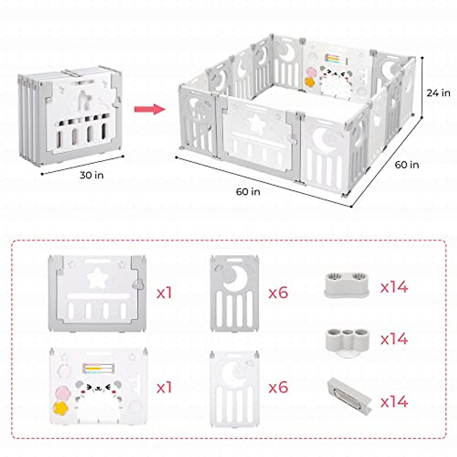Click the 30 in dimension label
pyautogui.click(x=91, y=175)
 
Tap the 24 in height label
pyautogui.click(x=438, y=93)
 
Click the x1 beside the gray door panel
pyautogui.click(x=164, y=293)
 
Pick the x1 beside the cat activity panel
pyautogui.click(x=164, y=388)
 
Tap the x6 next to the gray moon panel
pyautogui.click(x=278, y=293)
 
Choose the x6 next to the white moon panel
pyautogui.click(x=278, y=388)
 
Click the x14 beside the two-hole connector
pyautogui.click(x=394, y=287)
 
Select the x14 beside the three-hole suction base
pyautogui.click(x=394, y=339)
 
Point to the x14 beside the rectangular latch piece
pyautogui.click(x=394, y=401)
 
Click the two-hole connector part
pyautogui.click(x=346, y=284)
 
